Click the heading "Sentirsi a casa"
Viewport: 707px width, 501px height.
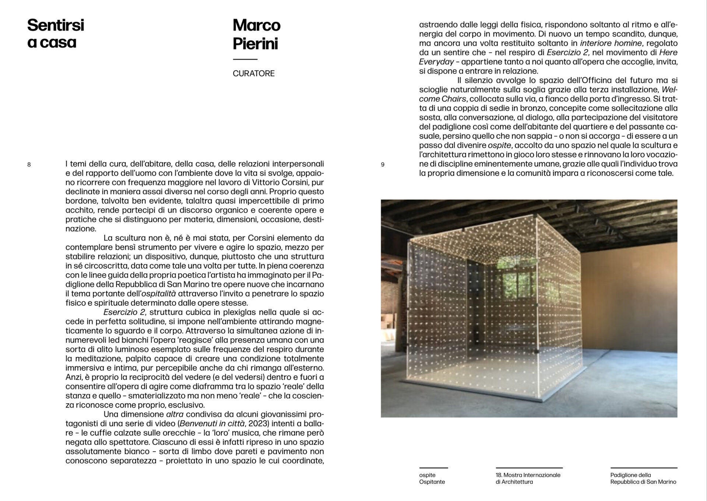(56, 34)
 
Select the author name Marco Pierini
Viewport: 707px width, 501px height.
(256, 34)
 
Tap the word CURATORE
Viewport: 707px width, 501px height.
(253, 74)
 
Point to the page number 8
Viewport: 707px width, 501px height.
(29, 165)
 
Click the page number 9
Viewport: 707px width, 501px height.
(383, 165)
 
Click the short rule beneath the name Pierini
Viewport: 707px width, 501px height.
(245, 59)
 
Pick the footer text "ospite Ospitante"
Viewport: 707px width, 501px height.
(432, 478)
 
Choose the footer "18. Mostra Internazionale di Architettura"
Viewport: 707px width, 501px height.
(528, 478)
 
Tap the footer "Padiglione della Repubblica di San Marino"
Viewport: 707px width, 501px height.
(643, 478)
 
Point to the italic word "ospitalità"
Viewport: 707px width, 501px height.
(159, 294)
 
